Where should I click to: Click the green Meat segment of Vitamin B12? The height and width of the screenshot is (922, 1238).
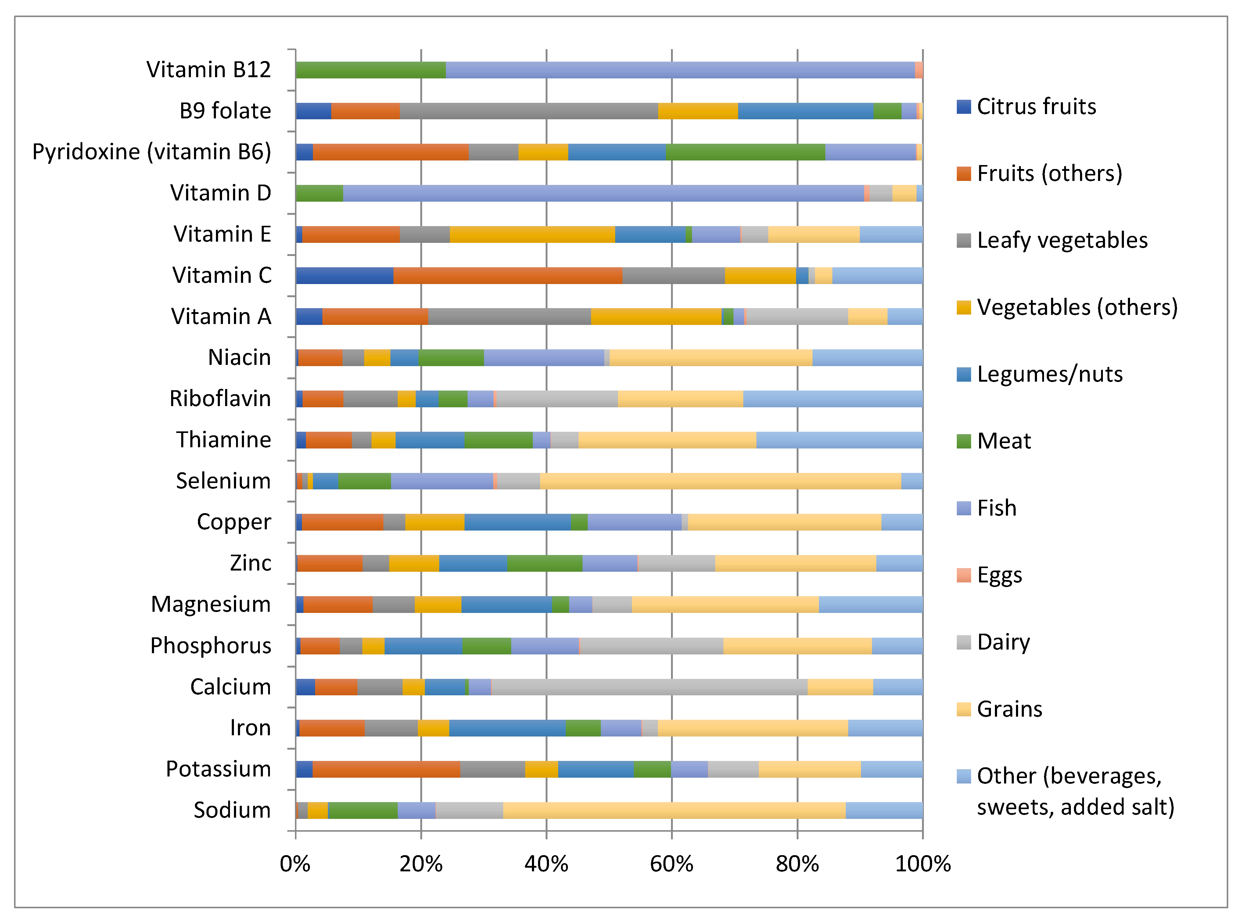(x=371, y=70)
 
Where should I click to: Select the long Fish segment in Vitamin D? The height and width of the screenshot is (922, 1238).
(x=603, y=193)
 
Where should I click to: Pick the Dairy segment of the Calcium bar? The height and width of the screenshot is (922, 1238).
(x=648, y=687)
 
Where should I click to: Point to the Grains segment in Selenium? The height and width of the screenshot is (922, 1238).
(x=720, y=481)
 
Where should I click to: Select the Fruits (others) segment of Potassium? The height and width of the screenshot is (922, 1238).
(x=386, y=769)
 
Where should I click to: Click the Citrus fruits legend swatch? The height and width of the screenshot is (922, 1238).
(x=963, y=106)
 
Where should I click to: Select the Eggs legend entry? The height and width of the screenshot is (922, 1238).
(x=999, y=575)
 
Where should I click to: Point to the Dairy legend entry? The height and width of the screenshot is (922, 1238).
(x=1003, y=643)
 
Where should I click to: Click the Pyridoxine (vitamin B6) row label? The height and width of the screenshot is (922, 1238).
(x=151, y=152)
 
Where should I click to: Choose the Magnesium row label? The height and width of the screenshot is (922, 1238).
(x=210, y=604)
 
